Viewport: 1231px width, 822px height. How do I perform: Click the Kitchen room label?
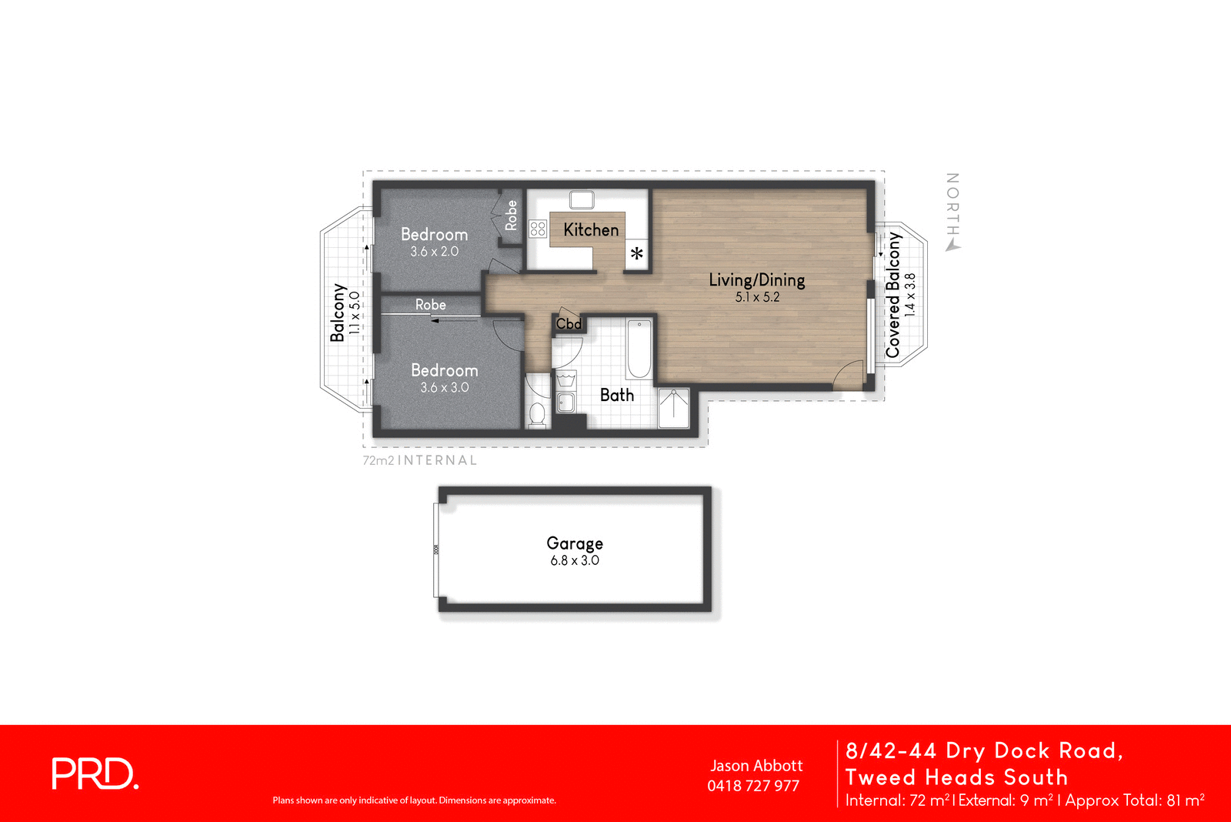coord(590,229)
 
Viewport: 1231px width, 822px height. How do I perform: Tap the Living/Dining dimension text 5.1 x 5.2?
coord(757,297)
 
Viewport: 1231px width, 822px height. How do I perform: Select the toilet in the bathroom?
coord(537,414)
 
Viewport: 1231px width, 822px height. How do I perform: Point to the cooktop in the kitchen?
coord(538,229)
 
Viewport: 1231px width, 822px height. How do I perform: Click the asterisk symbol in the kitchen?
coord(637,253)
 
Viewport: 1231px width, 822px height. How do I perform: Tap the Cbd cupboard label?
coord(569,324)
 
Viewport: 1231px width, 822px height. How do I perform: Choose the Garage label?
coord(575,543)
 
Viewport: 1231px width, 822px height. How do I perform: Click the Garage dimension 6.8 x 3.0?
coord(575,560)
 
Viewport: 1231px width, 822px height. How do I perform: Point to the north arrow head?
coord(952,246)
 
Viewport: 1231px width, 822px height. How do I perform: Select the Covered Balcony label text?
coord(892,295)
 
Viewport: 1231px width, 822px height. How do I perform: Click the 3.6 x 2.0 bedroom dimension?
coord(434,252)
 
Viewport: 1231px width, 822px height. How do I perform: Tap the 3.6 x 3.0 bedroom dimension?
coord(444,388)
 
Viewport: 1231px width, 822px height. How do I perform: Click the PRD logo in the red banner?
coord(95,774)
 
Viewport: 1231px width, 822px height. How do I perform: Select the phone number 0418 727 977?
coord(753,786)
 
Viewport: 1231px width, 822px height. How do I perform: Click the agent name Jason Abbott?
coord(756,766)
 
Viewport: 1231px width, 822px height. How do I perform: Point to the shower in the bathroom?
coord(673,408)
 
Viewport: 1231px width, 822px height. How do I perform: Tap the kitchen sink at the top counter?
coord(582,200)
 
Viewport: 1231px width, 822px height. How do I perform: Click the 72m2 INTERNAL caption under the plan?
coord(420,460)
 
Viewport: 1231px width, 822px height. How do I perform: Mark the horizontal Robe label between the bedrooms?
coord(430,305)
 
